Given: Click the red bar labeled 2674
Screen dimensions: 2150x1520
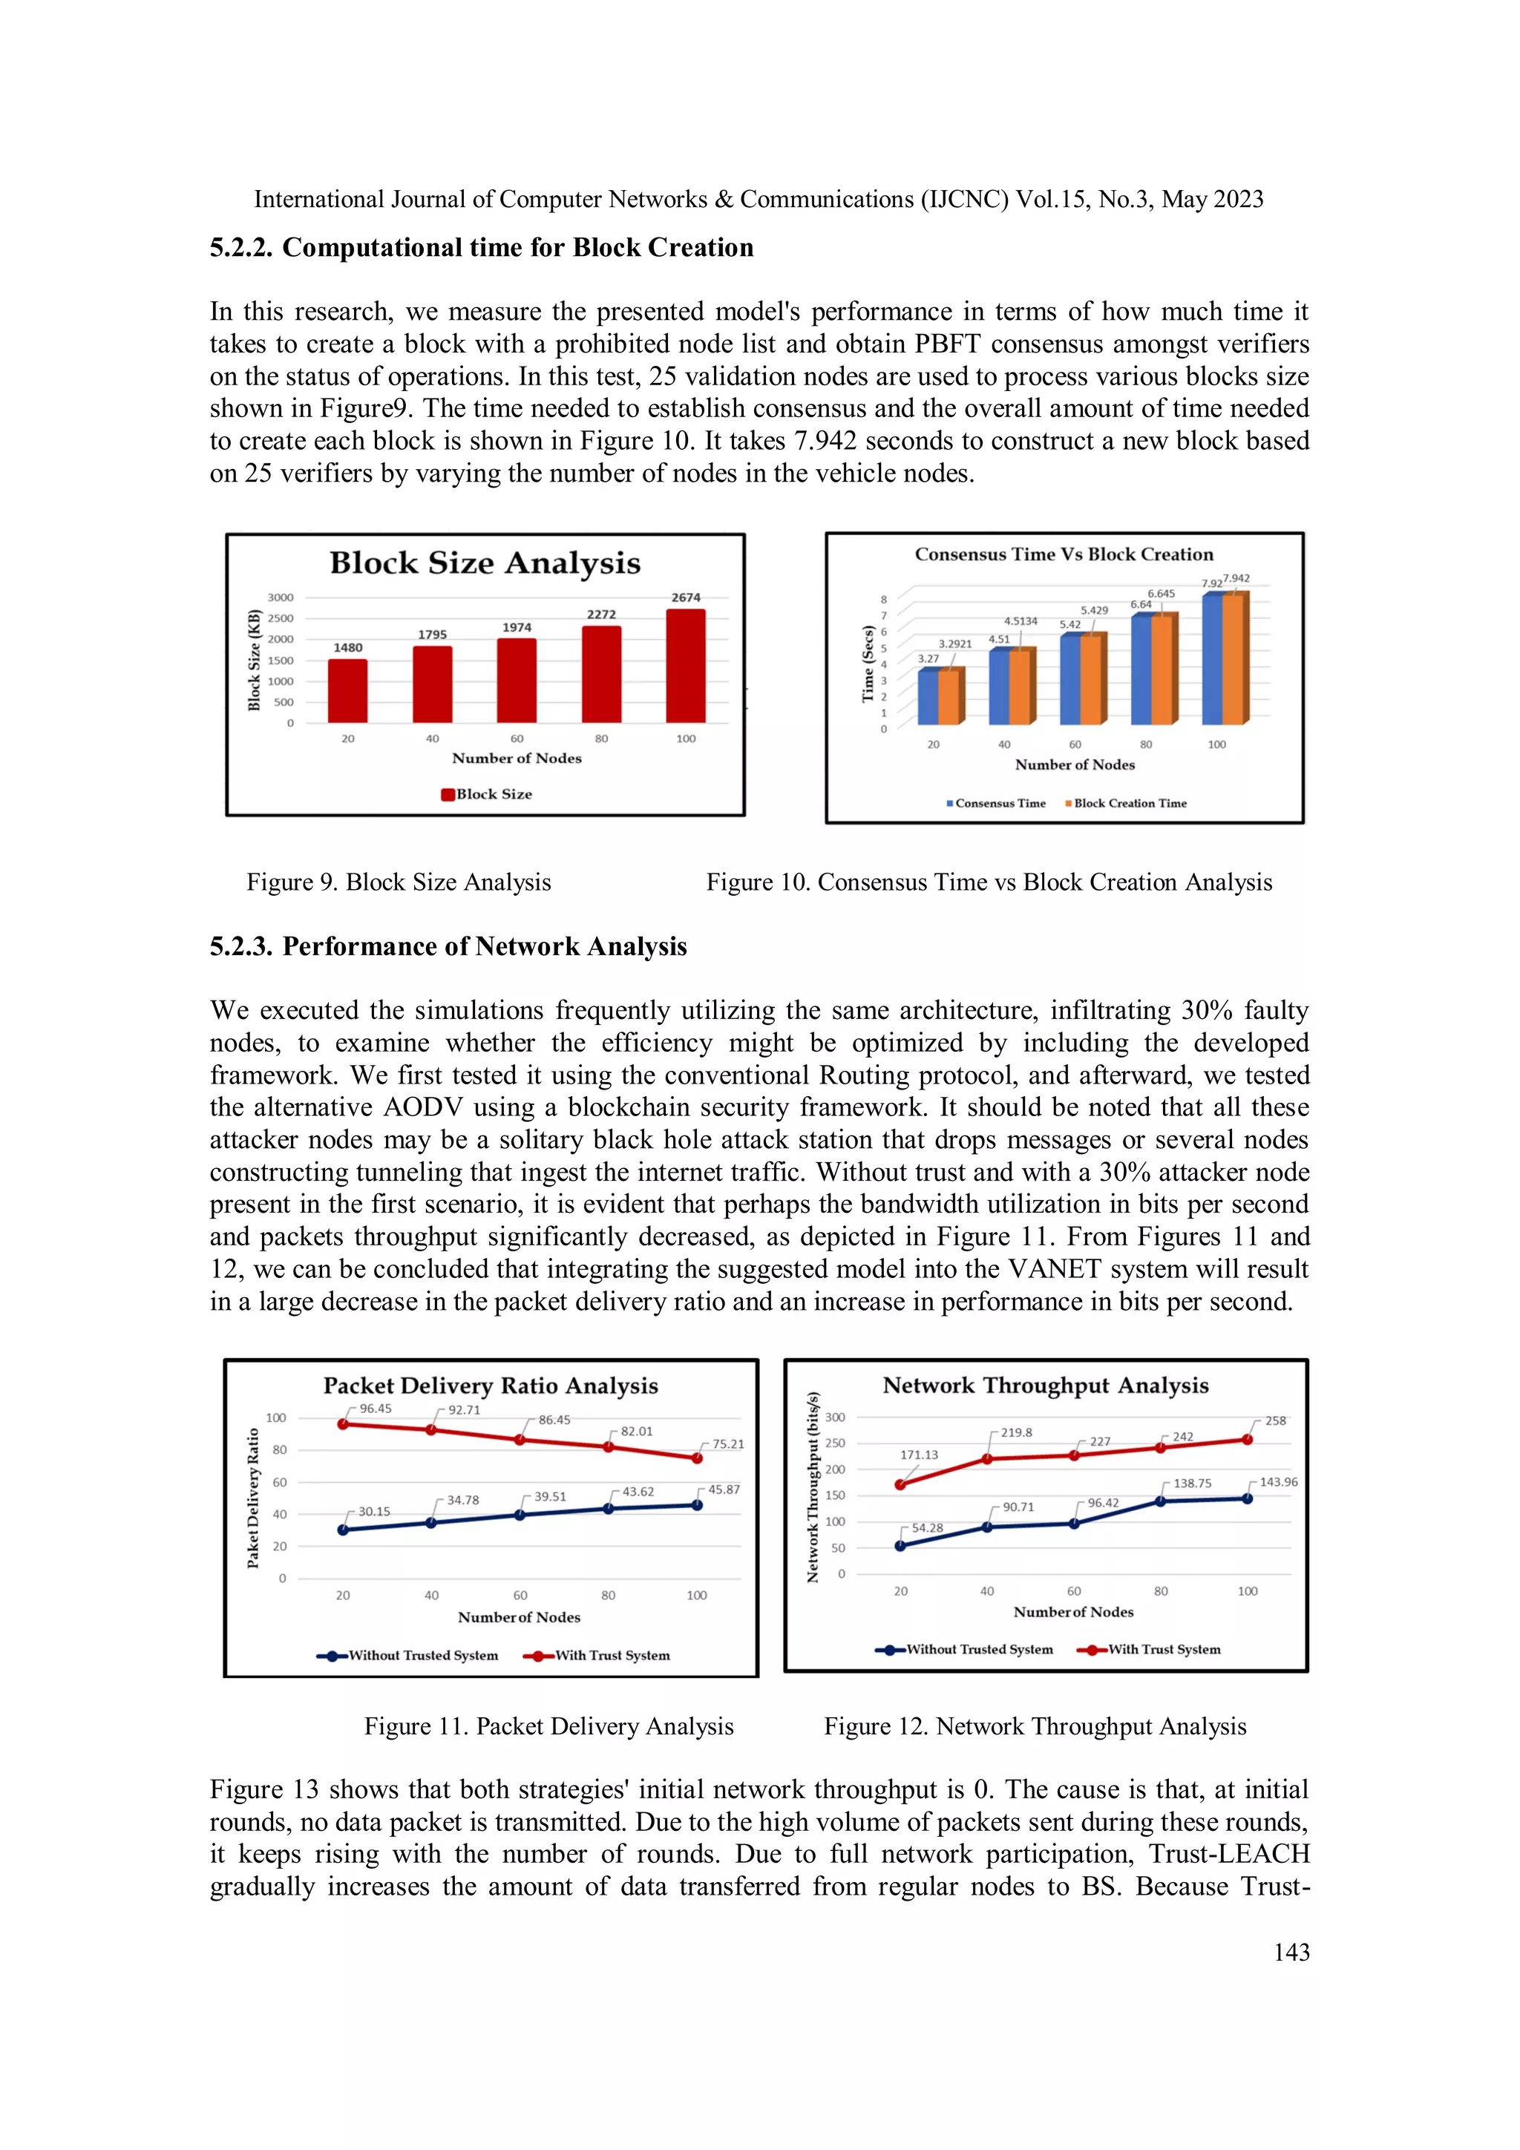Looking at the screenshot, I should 686,666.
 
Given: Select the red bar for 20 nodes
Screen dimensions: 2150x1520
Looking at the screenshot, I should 347,691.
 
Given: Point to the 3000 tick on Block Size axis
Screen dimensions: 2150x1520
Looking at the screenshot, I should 280,597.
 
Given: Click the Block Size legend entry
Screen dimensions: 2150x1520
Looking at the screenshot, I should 487,794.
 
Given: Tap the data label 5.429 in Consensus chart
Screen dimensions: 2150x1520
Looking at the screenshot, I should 1094,611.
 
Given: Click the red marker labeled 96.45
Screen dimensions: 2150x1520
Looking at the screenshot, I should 343,1424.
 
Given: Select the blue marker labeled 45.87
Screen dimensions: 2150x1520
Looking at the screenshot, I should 697,1505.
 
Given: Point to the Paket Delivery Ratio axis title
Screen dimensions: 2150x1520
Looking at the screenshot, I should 253,1498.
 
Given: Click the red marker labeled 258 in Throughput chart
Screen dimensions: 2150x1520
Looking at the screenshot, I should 1248,1439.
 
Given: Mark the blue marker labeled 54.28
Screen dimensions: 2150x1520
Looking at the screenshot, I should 900,1546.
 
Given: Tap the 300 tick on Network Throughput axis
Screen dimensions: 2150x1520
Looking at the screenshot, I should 834,1417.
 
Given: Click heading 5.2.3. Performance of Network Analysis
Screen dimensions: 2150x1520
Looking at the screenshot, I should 448,947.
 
